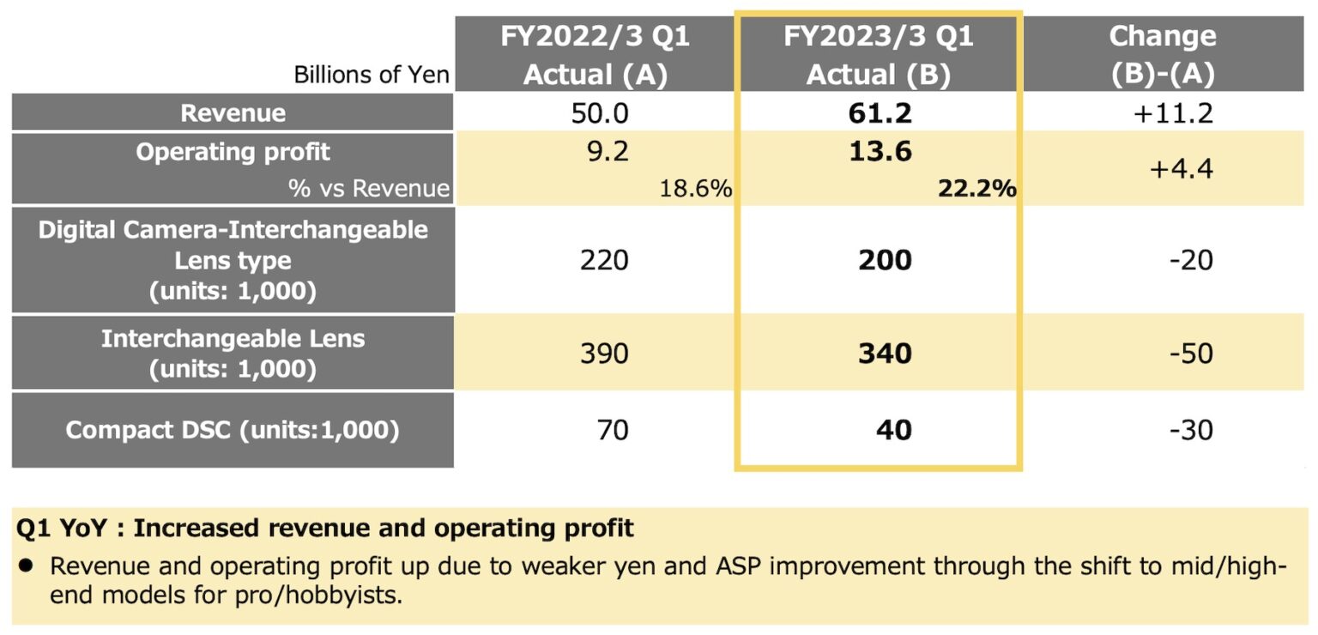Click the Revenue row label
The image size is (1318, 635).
click(233, 113)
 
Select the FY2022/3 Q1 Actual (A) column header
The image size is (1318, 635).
click(595, 55)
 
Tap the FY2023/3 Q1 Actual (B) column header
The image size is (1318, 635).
click(878, 55)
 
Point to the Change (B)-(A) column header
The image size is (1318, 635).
click(1163, 55)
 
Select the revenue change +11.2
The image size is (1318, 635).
click(1173, 113)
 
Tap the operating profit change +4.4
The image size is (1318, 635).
click(1182, 169)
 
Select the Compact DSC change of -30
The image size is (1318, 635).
click(1190, 429)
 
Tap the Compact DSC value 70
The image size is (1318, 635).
click(612, 429)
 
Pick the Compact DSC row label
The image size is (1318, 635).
click(233, 430)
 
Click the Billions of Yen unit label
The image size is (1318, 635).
click(371, 75)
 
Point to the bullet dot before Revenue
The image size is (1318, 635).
click(27, 565)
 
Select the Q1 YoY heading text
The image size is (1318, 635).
click(325, 528)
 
